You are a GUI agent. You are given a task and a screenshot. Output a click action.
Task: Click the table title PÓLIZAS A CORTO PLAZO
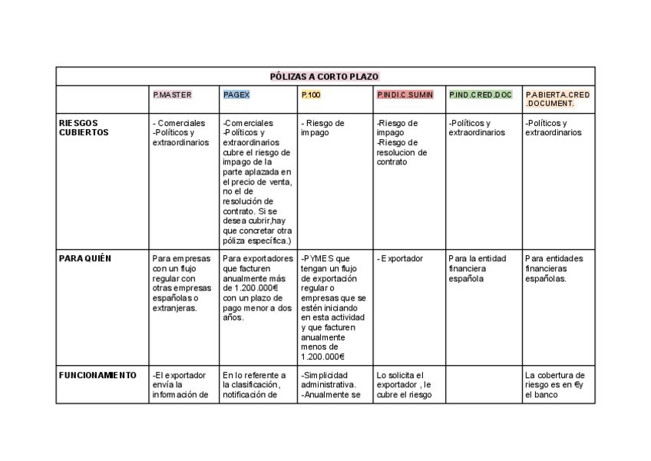click(x=325, y=76)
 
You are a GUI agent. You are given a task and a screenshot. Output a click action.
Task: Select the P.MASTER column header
click(x=172, y=95)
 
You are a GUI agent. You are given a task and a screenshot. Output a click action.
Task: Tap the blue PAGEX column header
click(x=236, y=95)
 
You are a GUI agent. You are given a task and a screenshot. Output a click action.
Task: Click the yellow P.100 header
click(x=311, y=95)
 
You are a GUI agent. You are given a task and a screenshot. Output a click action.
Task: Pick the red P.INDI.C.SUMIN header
click(x=405, y=95)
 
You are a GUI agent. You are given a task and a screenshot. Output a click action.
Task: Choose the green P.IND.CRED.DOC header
click(x=481, y=95)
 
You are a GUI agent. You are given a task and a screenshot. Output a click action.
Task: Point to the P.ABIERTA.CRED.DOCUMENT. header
click(x=558, y=99)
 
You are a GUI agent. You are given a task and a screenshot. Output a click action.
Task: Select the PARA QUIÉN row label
click(x=85, y=259)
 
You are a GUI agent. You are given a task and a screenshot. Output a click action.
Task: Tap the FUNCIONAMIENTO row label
click(x=98, y=376)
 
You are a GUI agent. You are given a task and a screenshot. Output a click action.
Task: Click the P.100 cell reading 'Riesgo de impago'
click(x=322, y=128)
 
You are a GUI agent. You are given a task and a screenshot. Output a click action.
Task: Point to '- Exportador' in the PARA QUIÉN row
click(x=400, y=259)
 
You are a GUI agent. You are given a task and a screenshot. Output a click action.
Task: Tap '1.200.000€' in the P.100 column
click(x=322, y=357)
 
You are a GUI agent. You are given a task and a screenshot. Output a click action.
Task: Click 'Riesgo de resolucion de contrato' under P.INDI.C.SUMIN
click(x=402, y=152)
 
